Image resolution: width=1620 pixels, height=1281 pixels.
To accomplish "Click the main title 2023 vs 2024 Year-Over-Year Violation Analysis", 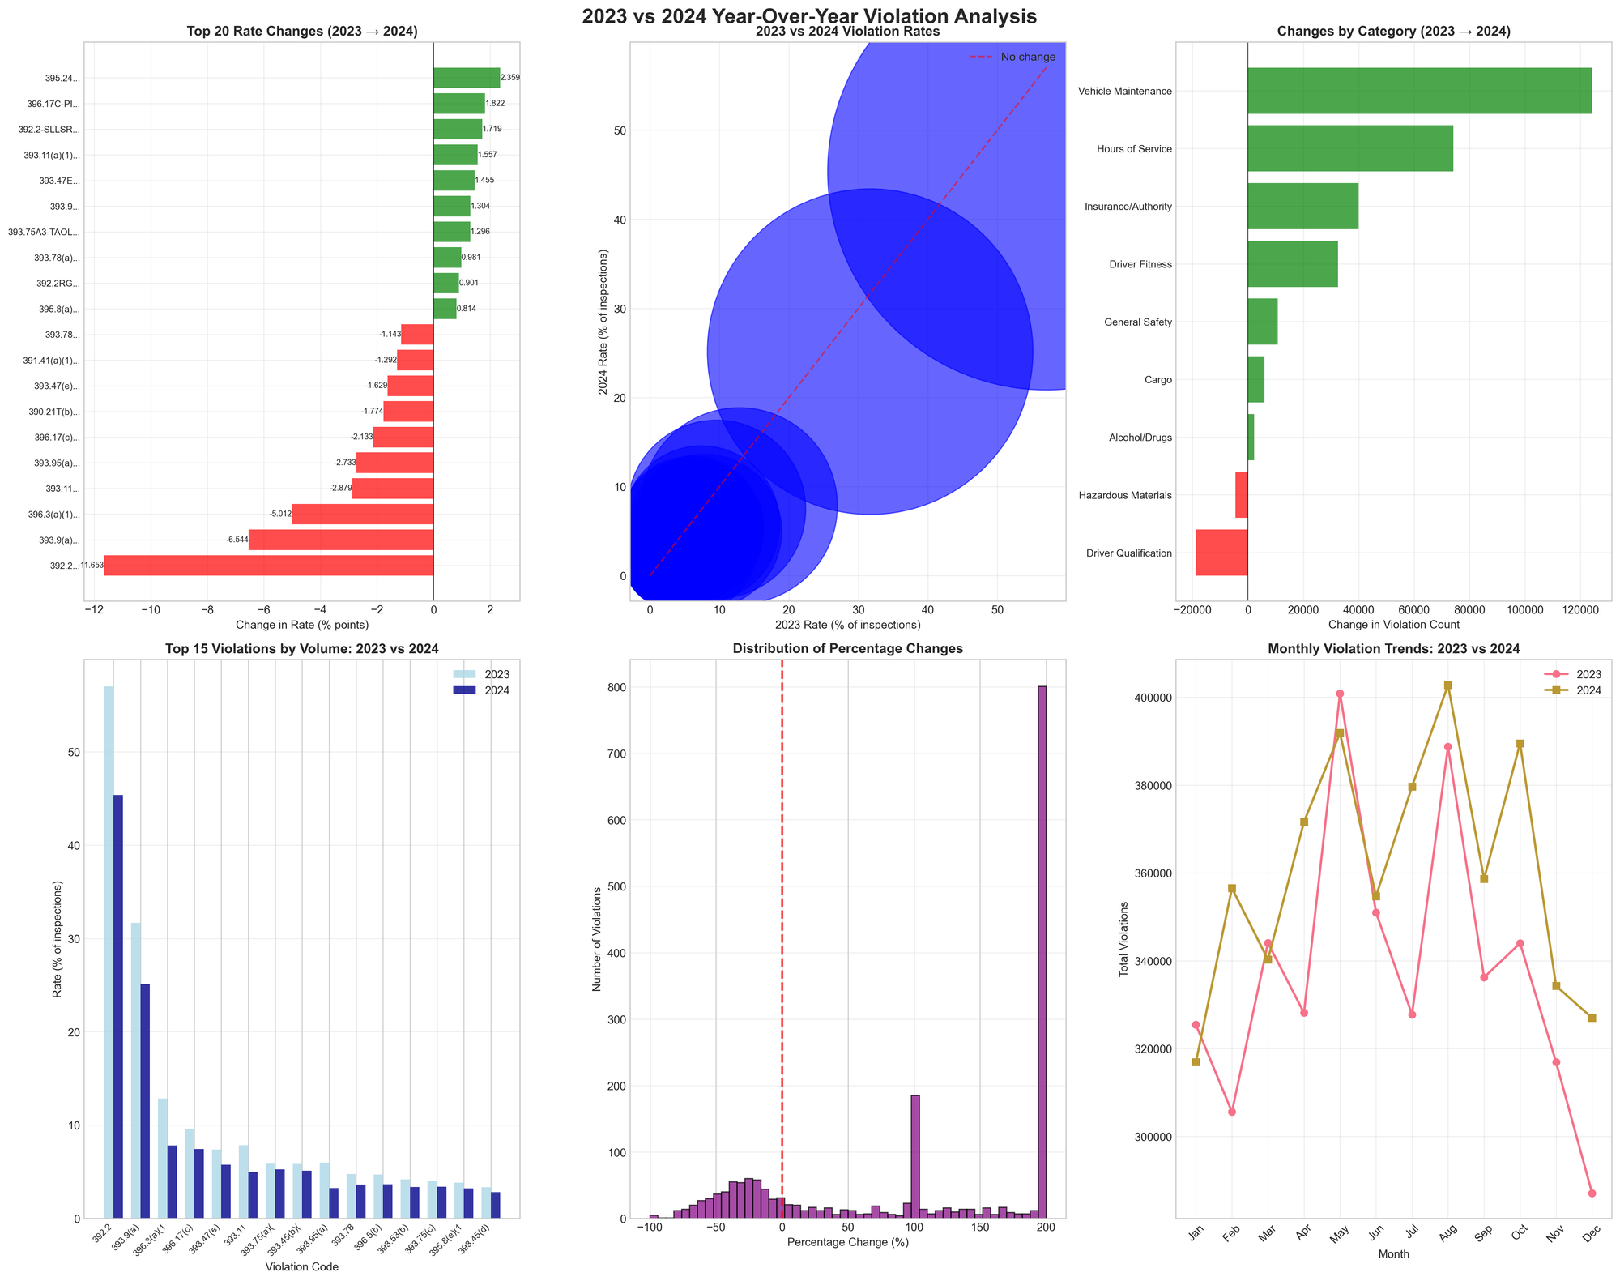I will click(x=809, y=17).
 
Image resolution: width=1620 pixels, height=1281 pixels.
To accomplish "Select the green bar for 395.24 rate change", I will click(x=467, y=78).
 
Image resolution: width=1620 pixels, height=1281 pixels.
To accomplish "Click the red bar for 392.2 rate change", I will click(x=268, y=566).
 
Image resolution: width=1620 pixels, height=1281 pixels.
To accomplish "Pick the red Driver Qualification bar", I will click(x=1221, y=553).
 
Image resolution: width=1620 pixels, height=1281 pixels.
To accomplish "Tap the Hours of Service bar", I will click(x=1349, y=148).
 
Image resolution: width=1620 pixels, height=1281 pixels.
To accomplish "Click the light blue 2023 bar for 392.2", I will click(x=109, y=952).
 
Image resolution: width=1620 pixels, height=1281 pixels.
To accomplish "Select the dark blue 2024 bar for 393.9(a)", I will click(x=145, y=1101).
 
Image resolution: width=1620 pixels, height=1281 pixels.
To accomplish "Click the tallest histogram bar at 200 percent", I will click(x=1042, y=952).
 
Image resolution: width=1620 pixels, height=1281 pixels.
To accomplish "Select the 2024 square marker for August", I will click(x=1447, y=685).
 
